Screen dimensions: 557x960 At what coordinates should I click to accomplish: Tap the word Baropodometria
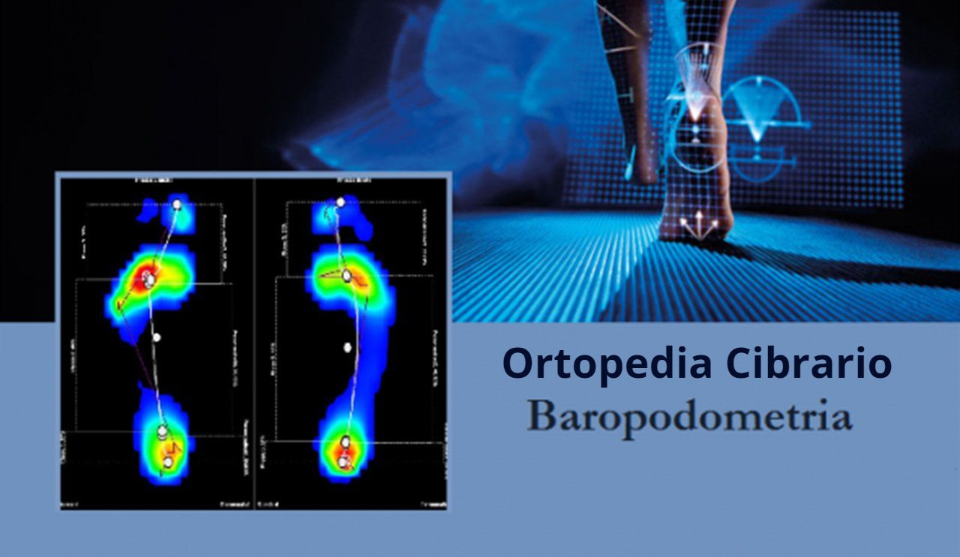689,418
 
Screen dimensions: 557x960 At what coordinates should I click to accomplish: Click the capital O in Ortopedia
517,364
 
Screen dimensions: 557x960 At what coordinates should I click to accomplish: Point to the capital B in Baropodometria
539,418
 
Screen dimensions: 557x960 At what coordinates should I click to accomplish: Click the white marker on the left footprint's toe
177,204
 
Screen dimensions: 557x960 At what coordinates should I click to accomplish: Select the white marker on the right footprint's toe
340,202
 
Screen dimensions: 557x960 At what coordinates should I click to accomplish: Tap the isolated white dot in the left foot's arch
157,337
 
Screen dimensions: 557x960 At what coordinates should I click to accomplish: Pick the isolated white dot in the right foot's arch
347,346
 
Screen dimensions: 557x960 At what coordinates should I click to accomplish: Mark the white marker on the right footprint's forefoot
346,276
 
